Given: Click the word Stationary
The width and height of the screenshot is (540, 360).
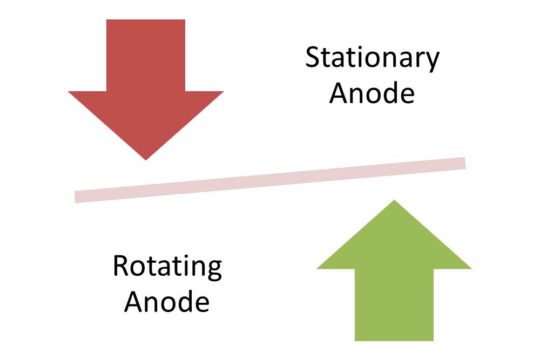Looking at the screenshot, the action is [372, 59].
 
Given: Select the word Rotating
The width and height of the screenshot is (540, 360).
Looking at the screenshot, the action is [167, 267].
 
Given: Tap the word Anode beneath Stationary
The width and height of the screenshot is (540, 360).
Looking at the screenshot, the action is [372, 93].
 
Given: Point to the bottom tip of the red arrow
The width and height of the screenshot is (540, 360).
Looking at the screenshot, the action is [146, 160].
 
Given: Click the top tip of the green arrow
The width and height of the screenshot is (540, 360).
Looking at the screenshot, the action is [394, 200].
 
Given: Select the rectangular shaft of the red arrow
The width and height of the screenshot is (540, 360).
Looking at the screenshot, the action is [146, 56].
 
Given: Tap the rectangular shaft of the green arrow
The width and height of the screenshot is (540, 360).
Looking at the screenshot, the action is [394, 305].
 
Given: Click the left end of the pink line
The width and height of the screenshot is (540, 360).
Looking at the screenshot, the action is [75, 197].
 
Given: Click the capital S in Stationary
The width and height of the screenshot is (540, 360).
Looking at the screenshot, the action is [313, 57].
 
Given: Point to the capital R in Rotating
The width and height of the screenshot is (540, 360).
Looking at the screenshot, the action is [121, 266].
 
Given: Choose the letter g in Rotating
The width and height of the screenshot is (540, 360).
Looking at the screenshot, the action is [214, 271].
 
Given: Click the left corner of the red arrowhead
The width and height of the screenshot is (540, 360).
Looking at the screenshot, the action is [69, 92].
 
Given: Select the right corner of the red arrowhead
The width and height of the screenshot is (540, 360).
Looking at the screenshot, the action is [224, 92].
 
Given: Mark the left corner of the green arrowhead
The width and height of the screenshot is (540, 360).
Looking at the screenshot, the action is [317, 269].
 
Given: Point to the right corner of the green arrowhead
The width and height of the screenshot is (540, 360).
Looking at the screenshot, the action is [471, 269].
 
